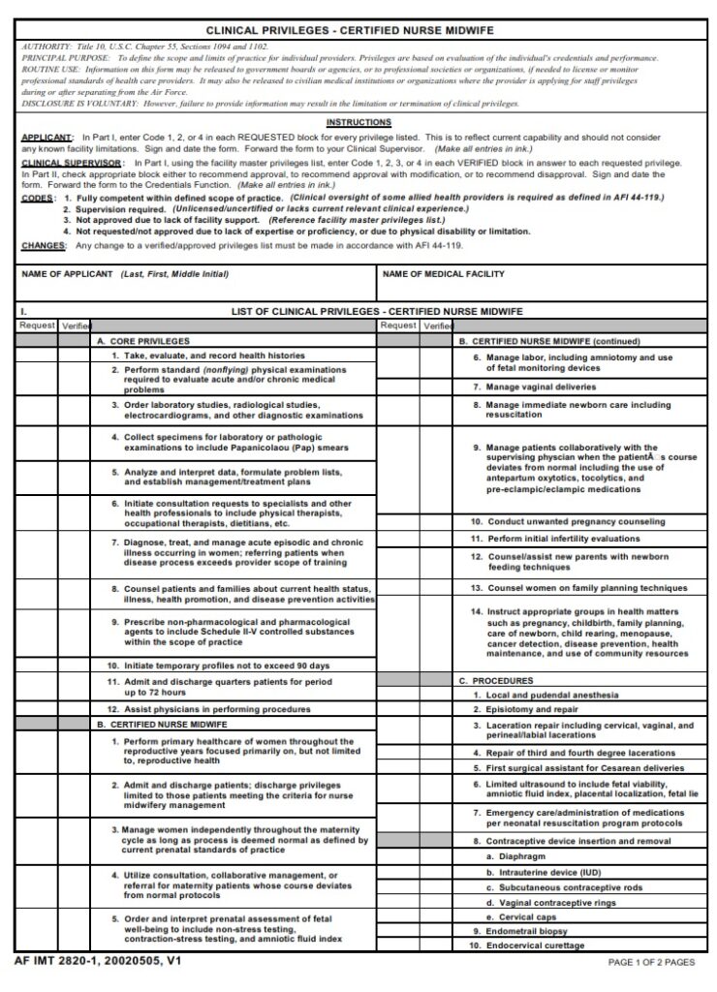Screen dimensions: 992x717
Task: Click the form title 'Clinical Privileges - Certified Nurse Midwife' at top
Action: (358, 31)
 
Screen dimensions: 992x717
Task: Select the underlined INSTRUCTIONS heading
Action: (358, 122)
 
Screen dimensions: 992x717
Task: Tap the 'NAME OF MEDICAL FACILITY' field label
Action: (443, 274)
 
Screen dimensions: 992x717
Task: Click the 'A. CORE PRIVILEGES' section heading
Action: (136, 342)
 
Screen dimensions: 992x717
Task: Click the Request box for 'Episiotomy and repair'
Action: (397, 709)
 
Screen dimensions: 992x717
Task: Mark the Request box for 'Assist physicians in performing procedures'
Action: (37, 709)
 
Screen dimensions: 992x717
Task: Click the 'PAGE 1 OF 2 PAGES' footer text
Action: (650, 962)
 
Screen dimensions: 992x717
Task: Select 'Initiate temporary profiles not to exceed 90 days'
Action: (218, 666)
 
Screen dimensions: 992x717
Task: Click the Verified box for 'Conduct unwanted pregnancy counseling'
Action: (436, 521)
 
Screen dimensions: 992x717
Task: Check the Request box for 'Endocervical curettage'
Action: (397, 945)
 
